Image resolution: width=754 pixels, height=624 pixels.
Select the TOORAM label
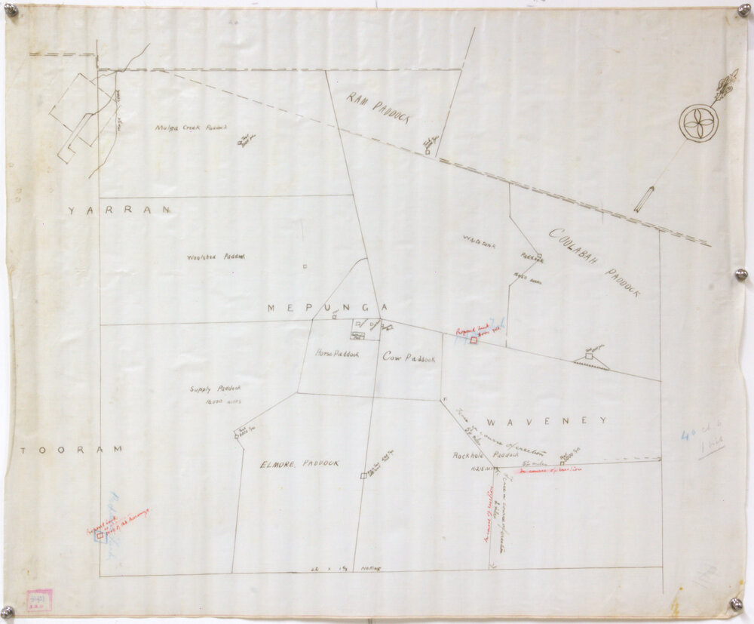(x=70, y=450)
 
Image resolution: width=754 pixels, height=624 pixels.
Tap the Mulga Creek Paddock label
(x=192, y=128)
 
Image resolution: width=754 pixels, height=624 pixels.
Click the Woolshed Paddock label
(x=216, y=257)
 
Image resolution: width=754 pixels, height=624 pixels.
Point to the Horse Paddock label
(x=336, y=353)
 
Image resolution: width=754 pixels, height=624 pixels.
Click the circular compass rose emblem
(x=698, y=122)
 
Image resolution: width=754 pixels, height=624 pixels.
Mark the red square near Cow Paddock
(x=474, y=341)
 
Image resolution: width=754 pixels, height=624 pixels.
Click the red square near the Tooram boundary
(x=100, y=535)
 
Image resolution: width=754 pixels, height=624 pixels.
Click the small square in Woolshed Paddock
(x=304, y=266)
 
